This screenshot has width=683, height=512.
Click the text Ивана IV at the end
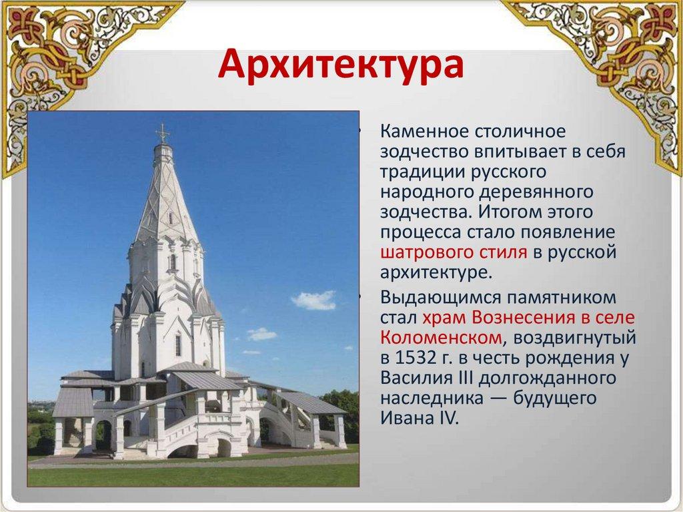[x=420, y=419]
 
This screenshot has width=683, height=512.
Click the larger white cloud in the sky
[x=313, y=300]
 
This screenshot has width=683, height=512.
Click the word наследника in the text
[x=432, y=398]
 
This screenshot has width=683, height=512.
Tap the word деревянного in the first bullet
[x=536, y=192]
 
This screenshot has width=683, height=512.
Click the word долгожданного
[x=548, y=378]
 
